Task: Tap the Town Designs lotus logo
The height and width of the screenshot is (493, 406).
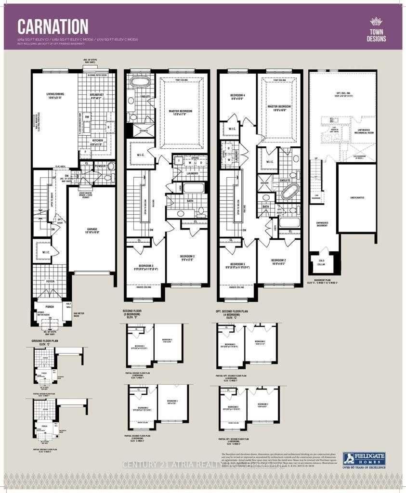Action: click(x=376, y=22)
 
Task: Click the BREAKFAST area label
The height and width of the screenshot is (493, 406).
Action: click(x=97, y=95)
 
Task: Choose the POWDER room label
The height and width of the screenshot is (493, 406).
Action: click(x=100, y=166)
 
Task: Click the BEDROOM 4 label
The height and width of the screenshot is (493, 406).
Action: click(x=237, y=96)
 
